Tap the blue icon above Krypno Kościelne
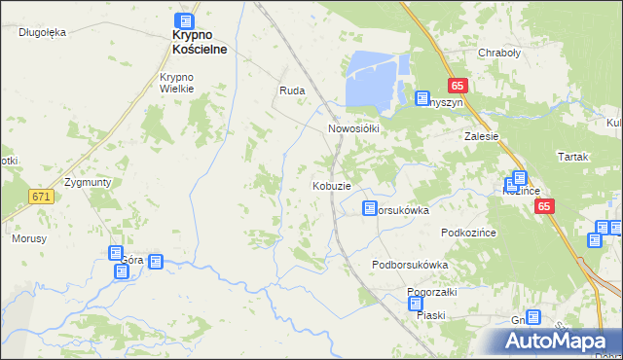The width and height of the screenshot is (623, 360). click(185, 20)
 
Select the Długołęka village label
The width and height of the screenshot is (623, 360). click(42, 32)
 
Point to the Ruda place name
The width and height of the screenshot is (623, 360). click(292, 90)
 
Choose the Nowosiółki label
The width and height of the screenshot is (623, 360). click(352, 127)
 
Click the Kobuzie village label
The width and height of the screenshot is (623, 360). click(331, 185)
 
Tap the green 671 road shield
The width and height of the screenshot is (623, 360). click(40, 197)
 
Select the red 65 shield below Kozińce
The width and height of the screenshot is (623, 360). click(543, 206)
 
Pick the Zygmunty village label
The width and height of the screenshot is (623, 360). click(88, 182)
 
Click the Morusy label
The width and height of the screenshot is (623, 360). click(28, 238)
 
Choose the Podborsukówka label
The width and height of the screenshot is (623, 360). click(410, 265)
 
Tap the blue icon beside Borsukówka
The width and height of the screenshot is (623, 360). click(369, 208)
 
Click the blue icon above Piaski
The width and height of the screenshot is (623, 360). click(416, 304)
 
